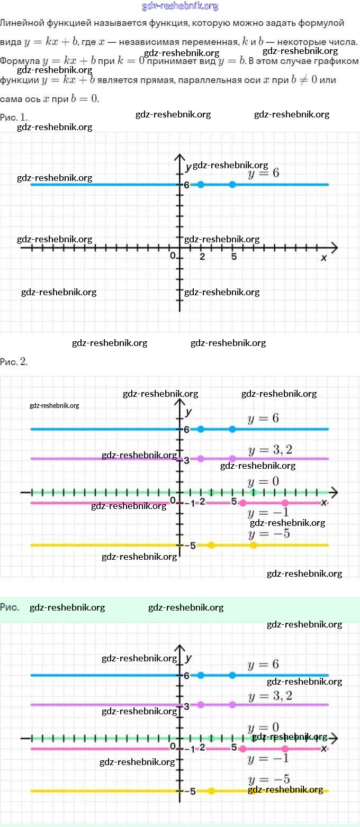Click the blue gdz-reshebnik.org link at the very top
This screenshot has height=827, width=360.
tap(180, 6)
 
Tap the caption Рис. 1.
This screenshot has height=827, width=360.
tap(14, 116)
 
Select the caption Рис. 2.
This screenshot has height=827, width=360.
tap(14, 362)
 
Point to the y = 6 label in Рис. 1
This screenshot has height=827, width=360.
tap(263, 173)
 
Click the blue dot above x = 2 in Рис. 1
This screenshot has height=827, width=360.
tap(201, 185)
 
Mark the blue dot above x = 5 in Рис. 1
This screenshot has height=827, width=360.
tap(232, 185)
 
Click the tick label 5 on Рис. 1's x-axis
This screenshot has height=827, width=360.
tap(233, 257)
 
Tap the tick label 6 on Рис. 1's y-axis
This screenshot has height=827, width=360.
tap(186, 185)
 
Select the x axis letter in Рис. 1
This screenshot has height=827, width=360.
tap(323, 258)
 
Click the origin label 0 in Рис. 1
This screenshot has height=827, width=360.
tap(173, 256)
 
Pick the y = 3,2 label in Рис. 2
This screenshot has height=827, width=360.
tap(270, 450)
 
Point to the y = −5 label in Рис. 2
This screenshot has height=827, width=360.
tap(269, 534)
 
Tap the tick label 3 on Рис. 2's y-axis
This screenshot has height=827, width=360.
tap(186, 460)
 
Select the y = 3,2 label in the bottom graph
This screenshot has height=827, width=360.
tap(270, 696)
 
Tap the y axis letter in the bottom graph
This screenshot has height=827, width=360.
tap(188, 658)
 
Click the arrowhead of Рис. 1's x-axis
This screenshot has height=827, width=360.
tap(334, 248)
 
